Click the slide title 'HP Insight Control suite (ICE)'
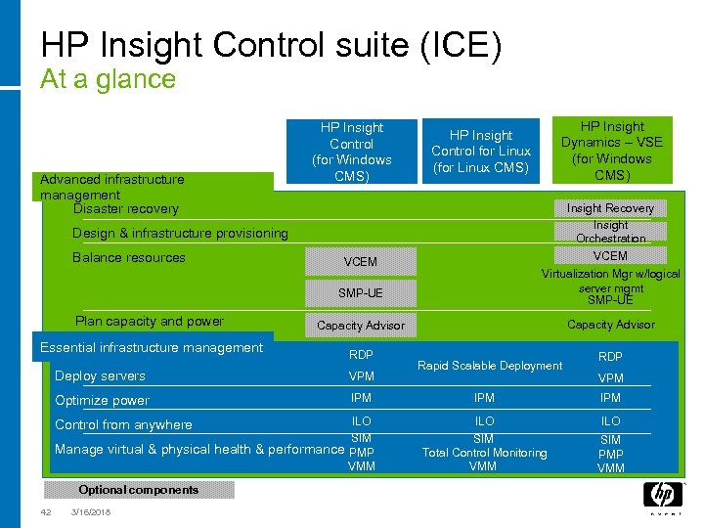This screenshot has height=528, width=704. coord(271,46)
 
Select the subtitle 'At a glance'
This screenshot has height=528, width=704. coord(108,79)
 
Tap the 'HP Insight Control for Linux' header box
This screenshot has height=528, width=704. coord(481,151)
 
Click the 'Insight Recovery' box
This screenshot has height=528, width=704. coord(610,208)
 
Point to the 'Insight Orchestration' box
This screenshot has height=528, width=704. coord(610,232)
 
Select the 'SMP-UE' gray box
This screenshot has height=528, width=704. coord(360,292)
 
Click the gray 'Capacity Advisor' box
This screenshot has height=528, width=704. coord(360,326)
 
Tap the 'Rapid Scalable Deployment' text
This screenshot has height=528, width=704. coord(490,366)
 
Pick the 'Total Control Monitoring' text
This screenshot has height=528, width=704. coord(484,453)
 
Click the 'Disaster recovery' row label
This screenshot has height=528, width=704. coord(126,209)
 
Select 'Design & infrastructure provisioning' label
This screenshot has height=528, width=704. coord(180,234)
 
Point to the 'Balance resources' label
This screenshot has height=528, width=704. coord(129,258)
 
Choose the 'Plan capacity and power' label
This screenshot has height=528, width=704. coord(150,322)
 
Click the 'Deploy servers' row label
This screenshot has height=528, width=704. coord(100,376)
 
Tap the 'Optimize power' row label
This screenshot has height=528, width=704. coord(102,401)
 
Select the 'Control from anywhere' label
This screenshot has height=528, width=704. coord(123,425)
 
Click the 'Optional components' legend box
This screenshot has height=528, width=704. coord(138,490)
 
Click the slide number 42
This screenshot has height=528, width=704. coord(46,512)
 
